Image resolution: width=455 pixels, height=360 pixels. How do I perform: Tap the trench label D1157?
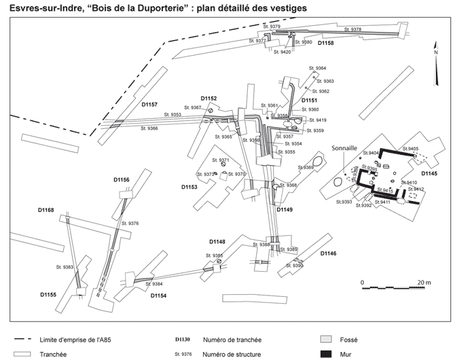(x=149, y=105)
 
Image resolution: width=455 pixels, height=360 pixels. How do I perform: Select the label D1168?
(x=47, y=209)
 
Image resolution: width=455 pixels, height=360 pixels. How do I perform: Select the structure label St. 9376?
(x=130, y=223)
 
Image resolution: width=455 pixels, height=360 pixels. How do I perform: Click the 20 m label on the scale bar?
(x=423, y=281)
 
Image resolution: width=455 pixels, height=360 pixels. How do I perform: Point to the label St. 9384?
(x=153, y=284)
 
